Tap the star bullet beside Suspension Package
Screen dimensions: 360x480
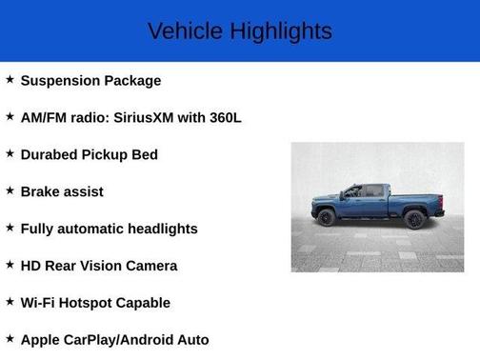pyautogui.click(x=10, y=79)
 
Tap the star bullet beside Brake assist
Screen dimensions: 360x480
pyautogui.click(x=10, y=190)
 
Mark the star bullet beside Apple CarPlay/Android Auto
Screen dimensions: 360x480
pyautogui.click(x=10, y=338)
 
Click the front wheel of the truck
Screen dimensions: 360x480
pyautogui.click(x=327, y=217)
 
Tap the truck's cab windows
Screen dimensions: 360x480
pyautogui.click(x=361, y=191)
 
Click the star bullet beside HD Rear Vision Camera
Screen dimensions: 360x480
pyautogui.click(x=10, y=264)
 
